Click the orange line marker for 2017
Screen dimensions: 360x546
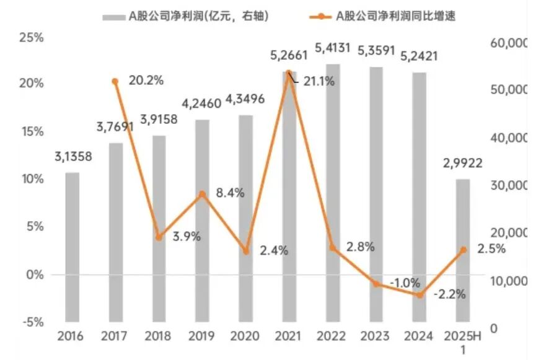115,81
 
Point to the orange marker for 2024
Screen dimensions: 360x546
420,295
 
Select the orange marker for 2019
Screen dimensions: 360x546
202,194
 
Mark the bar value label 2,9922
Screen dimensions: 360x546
462,164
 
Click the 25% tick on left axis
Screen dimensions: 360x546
32,37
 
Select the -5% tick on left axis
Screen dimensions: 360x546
32,322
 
